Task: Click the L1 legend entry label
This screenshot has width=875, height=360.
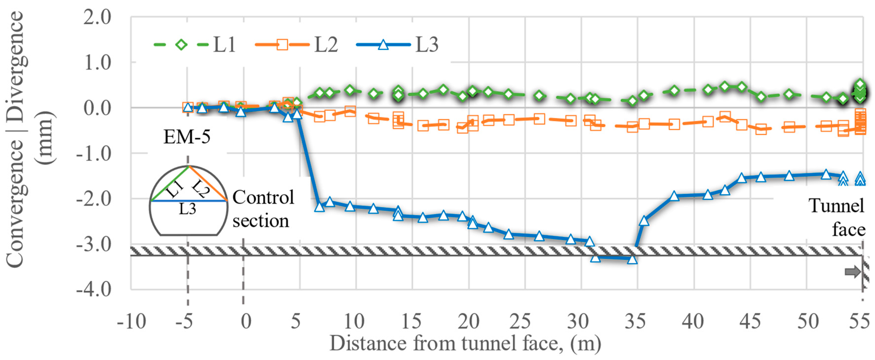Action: (x=224, y=44)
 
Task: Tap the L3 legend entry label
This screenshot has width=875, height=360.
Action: (x=427, y=44)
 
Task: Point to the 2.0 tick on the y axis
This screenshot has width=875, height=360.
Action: (x=97, y=17)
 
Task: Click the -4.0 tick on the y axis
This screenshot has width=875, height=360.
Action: (x=94, y=290)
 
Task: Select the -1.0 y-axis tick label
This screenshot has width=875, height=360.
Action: (x=94, y=154)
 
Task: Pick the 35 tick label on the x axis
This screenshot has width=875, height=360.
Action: (x=635, y=321)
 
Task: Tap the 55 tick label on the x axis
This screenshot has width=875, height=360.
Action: (x=860, y=321)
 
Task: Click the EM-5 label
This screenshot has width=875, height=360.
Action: (x=187, y=137)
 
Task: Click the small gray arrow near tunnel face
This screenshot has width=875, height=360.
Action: (x=852, y=272)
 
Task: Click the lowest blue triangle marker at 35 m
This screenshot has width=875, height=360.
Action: (x=632, y=259)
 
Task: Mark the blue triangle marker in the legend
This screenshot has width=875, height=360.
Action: (x=383, y=44)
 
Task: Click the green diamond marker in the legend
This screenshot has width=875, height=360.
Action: (x=181, y=44)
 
